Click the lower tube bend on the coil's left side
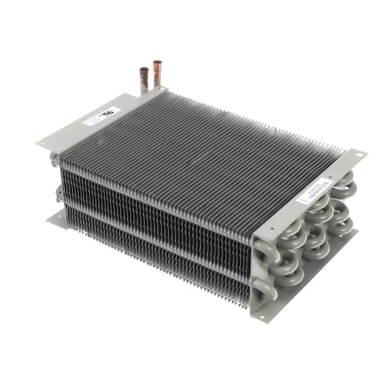click(59, 193)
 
